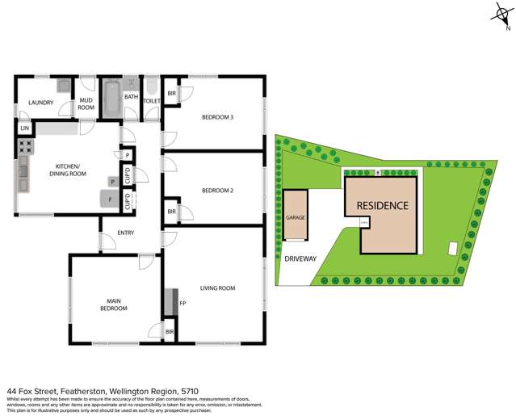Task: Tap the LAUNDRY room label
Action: coord(40,103)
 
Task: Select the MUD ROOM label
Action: coord(86,103)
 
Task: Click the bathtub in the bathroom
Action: coord(111,99)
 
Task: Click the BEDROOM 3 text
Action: coord(217,117)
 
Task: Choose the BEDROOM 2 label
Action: coord(217,191)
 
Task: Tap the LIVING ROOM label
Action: coord(217,288)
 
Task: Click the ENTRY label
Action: coord(125,233)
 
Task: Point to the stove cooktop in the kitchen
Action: coord(25,147)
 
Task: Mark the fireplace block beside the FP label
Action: coord(168,302)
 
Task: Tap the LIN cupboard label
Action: coord(25,128)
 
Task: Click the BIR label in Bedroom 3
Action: coord(171,94)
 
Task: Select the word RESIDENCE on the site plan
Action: coord(382,205)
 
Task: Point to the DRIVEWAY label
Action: coord(300,259)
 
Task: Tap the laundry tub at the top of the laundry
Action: coord(63,86)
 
